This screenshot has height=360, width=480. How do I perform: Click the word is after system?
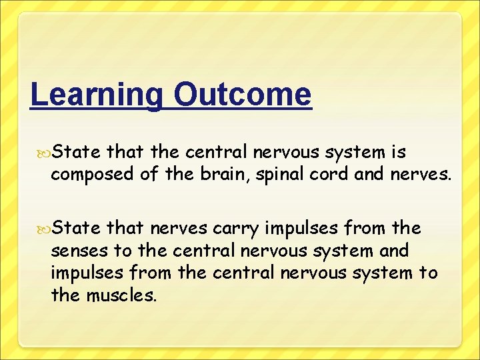coord(399,153)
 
